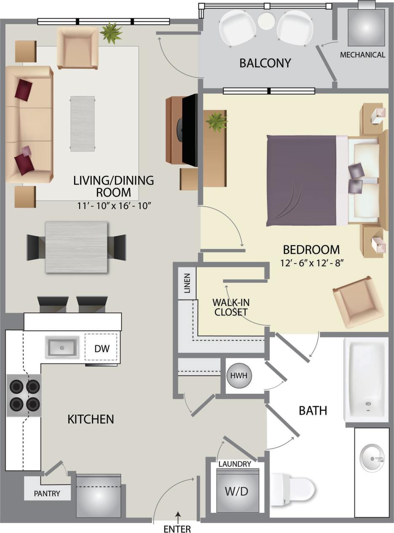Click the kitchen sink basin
tap(62, 348)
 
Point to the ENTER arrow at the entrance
tap(178, 516)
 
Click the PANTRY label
tap(47, 493)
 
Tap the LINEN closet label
tap(187, 283)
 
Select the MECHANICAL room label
tap(362, 55)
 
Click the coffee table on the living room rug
tap(83, 123)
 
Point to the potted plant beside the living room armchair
tap(111, 33)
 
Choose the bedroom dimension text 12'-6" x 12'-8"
tap(312, 263)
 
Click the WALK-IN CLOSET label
tap(230, 307)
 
